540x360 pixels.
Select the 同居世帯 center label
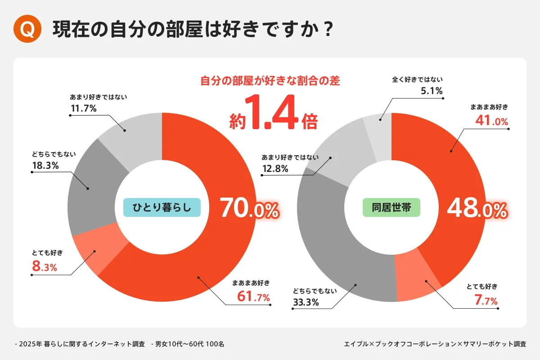point(391,207)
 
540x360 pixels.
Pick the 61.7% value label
point(253,297)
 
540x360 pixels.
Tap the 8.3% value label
point(44,267)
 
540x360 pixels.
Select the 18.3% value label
point(45,166)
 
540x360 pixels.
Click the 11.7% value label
point(83,108)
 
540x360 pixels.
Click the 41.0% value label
point(491,121)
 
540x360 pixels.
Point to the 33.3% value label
point(306,302)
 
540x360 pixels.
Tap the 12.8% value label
point(275,169)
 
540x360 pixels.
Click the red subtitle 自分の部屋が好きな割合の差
point(270,81)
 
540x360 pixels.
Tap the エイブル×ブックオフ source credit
point(435,344)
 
